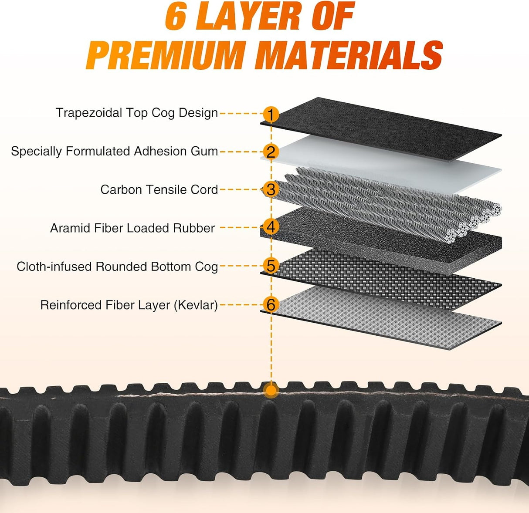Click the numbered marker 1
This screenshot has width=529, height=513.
point(271,114)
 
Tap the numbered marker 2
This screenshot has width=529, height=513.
point(271,152)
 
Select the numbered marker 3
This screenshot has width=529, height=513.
point(271,189)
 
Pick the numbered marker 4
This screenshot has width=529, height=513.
point(271,227)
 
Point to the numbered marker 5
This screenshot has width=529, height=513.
point(271,266)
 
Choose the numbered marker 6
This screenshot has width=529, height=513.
point(271,304)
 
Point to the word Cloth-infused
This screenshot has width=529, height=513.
point(54,267)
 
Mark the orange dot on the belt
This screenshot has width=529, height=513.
point(271,391)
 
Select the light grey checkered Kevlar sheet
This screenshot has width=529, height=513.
point(380,317)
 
